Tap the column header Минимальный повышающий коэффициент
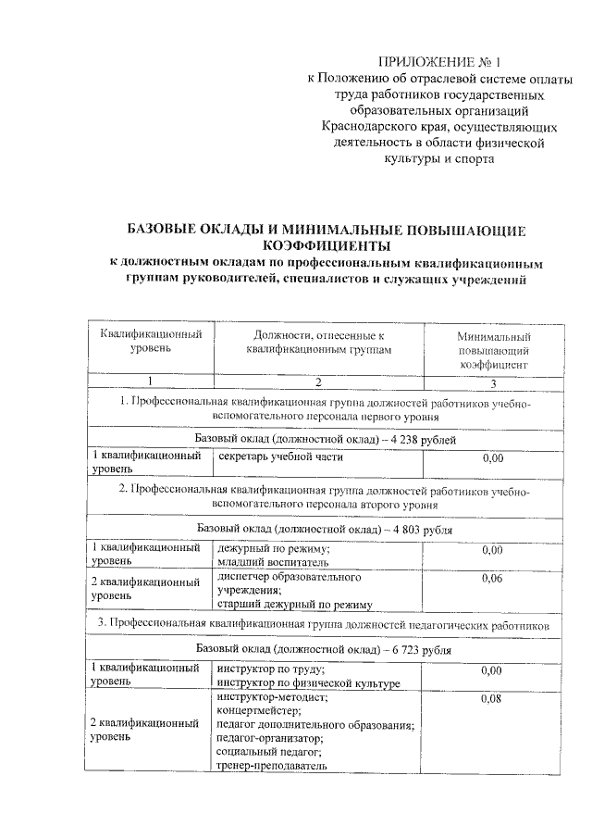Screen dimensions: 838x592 tap(493, 351)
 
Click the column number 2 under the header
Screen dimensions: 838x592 tap(317, 382)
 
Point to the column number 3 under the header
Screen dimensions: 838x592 tap(493, 383)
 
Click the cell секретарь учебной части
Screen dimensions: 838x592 tap(280, 457)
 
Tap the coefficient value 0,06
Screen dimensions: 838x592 tap(493, 578)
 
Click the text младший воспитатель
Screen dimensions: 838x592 tap(267, 560)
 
